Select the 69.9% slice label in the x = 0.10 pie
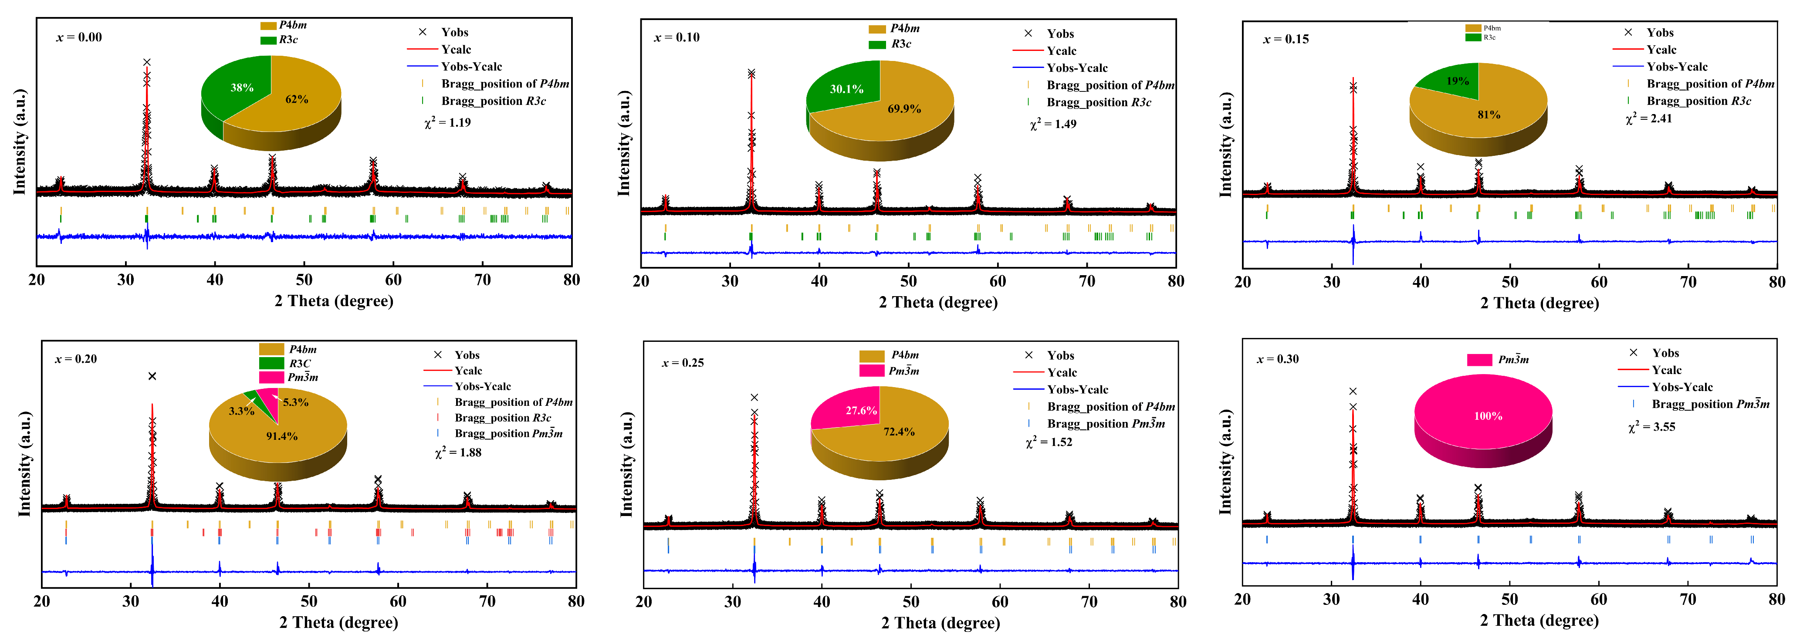pos(904,108)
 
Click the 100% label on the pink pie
pos(1488,416)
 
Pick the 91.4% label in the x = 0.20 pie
pos(282,436)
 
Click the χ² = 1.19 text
pos(447,122)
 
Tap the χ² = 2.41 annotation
pos(1649,118)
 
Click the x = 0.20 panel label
pos(76,359)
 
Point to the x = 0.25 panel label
pos(683,363)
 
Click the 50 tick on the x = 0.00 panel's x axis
pos(304,280)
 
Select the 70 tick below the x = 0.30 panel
pos(1688,599)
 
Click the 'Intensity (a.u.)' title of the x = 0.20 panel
pos(24,463)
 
